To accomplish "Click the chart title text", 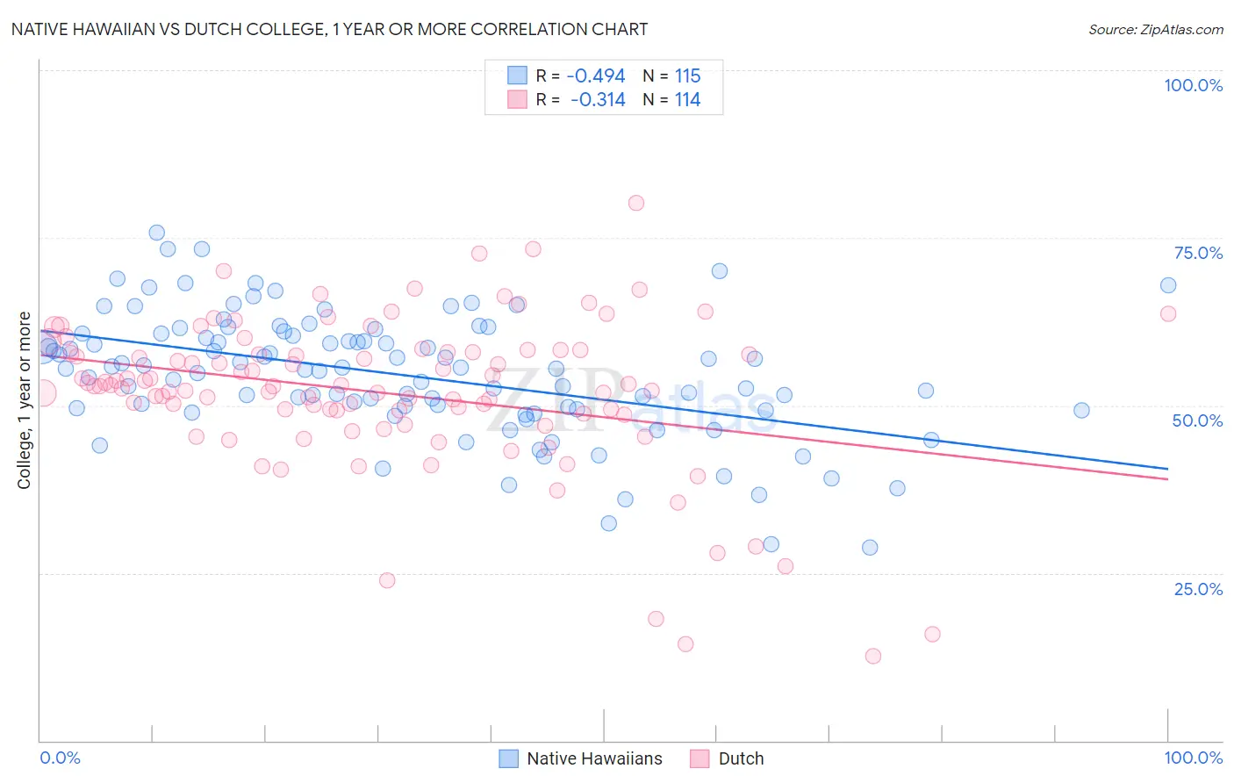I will [x=329, y=29].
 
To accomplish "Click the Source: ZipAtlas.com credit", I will [x=1155, y=29].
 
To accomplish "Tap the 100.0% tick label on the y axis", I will [x=1193, y=85].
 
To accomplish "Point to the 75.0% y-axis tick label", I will [x=1198, y=253].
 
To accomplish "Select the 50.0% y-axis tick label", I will [x=1197, y=420].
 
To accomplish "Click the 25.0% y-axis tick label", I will [x=1198, y=588].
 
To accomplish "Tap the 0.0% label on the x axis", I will [x=60, y=758].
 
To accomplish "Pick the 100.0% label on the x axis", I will [x=1193, y=758].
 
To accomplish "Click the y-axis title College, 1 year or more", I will [x=25, y=400].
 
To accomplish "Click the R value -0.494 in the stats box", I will [x=596, y=76].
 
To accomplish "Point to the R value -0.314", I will [x=598, y=100].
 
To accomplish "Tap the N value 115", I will [x=687, y=76].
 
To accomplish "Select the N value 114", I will [x=687, y=100].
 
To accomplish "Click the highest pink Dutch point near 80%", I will [x=636, y=203].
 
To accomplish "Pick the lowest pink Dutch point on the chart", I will [x=872, y=656].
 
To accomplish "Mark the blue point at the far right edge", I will [x=1168, y=285].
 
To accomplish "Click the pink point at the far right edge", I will [x=1168, y=313].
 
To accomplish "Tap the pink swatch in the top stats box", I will [x=517, y=99].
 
